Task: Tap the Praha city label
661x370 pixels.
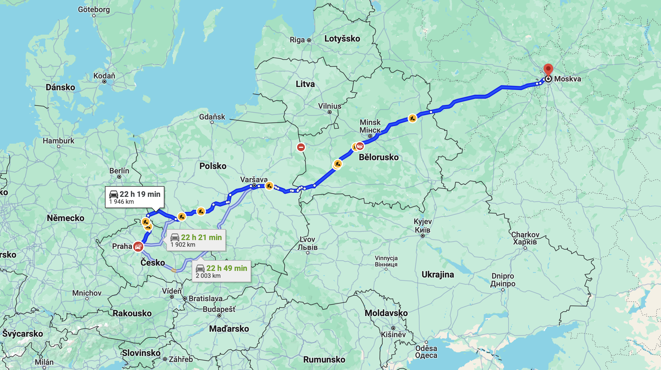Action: point(122,246)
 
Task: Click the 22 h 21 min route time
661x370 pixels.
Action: point(201,237)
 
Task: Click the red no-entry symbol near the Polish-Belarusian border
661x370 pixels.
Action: point(301,147)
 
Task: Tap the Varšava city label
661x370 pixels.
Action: point(254,179)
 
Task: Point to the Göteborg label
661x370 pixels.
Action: point(94,10)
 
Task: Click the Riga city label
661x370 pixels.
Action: point(297,40)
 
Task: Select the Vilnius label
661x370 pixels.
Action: point(329,106)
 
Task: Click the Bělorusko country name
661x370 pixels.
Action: point(379,157)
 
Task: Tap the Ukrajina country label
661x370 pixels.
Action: point(438,274)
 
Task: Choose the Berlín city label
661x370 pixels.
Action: point(119,171)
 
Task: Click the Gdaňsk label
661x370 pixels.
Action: point(212,117)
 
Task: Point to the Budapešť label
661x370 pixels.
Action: point(219,309)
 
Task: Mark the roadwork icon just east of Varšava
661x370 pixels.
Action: point(269,186)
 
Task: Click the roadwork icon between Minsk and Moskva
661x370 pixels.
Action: point(412,118)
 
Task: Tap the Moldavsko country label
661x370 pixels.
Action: point(386,313)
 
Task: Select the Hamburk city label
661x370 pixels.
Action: point(58,141)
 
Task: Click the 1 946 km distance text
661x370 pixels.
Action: point(121,202)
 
